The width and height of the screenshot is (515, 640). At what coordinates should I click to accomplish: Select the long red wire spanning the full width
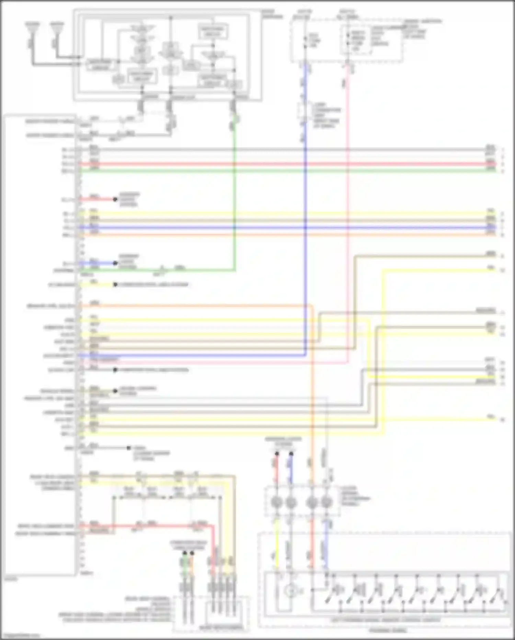coord(275,164)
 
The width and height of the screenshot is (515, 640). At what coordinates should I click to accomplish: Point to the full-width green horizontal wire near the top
coord(275,171)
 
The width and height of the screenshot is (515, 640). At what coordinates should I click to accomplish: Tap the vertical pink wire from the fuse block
coord(348,206)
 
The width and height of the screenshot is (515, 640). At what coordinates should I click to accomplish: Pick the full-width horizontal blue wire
coord(275,228)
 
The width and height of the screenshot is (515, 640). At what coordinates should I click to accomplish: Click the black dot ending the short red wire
coord(116,199)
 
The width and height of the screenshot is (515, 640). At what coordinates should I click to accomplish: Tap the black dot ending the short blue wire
coord(116,263)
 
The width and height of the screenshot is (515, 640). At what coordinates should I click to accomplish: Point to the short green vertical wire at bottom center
coord(185,564)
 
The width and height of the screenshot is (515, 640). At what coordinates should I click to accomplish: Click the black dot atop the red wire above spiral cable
coord(277,454)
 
